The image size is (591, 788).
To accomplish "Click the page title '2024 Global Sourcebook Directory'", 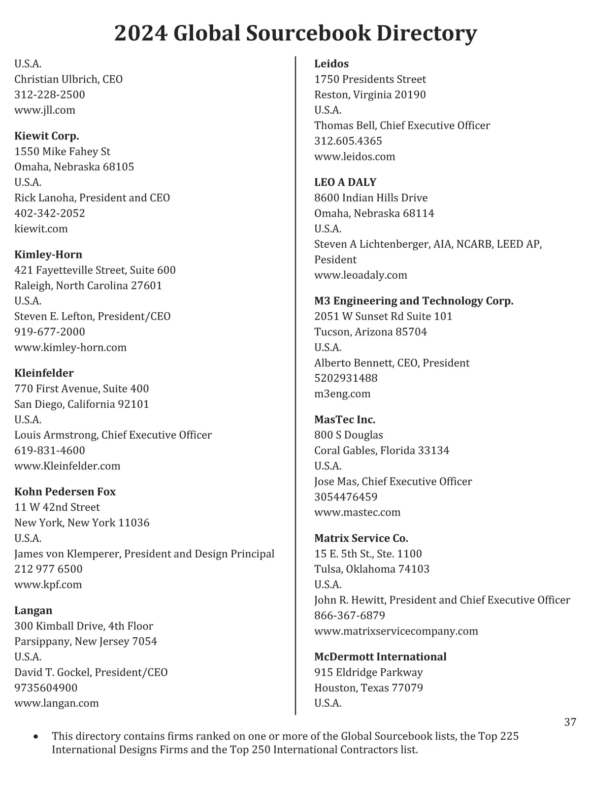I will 295,33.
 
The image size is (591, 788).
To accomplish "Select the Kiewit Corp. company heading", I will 47,136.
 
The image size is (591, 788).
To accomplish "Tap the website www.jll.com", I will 45,110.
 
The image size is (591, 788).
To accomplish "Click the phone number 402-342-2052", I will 50,213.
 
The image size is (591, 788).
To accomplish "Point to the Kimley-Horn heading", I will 48,255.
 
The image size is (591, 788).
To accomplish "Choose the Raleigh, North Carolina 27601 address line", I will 88,286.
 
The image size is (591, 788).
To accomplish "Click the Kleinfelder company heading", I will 44,373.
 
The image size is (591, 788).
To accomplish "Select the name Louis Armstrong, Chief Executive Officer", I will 113,435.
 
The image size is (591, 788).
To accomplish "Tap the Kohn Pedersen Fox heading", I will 65,492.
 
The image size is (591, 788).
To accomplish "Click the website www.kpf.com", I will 48,585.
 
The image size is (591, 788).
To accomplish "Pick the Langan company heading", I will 33,610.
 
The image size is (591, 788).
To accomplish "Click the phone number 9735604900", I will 46,688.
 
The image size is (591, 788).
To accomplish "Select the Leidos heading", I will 331,64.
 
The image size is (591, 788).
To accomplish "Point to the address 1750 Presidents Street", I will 370,79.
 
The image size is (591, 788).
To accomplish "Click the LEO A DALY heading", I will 345,182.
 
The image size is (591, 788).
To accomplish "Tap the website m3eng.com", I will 342,394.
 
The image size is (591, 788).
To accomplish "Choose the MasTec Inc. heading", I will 345,420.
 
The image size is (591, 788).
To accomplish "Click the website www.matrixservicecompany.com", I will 396,631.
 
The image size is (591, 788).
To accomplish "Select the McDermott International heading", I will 380,657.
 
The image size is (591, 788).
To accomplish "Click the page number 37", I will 570,722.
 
